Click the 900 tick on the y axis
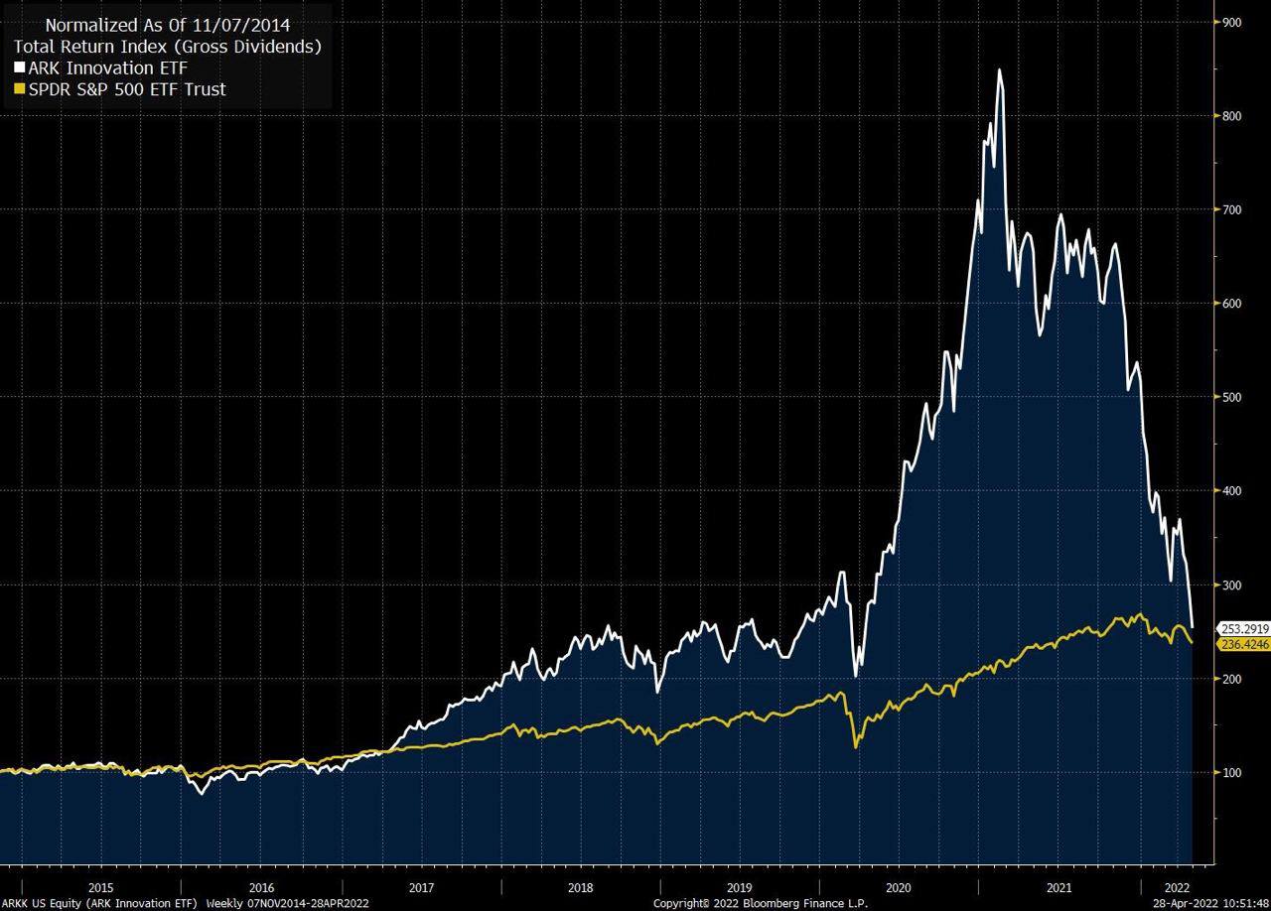(1232, 22)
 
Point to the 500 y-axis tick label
(1232, 397)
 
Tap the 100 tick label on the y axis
(1232, 772)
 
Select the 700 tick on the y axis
(1232, 209)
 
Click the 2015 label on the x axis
(100, 887)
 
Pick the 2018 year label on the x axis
(581, 887)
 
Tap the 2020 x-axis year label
(899, 887)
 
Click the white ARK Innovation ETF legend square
(20, 68)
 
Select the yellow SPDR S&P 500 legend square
(20, 89)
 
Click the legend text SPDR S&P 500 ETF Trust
(127, 89)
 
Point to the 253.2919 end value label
(1245, 628)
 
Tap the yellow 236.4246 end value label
(1245, 644)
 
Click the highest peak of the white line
(999, 69)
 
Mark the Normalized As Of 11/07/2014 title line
(167, 25)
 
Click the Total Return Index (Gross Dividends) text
(167, 47)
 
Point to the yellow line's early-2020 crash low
(856, 746)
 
